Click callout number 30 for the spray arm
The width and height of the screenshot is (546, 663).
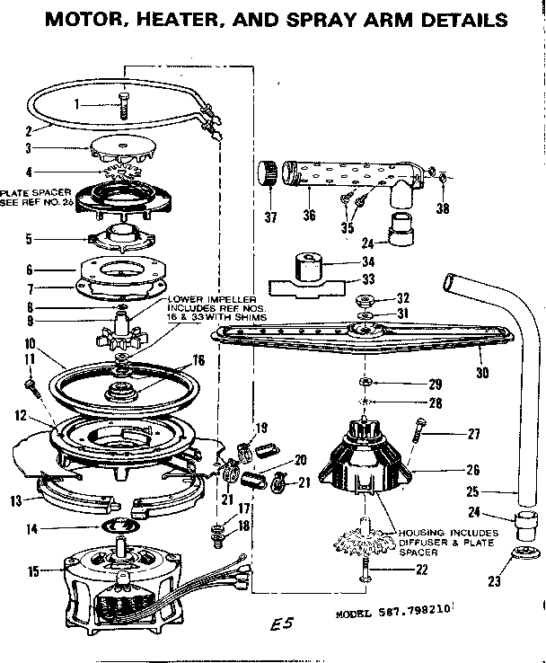coord(483,369)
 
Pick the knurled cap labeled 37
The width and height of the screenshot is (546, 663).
coord(265,172)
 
